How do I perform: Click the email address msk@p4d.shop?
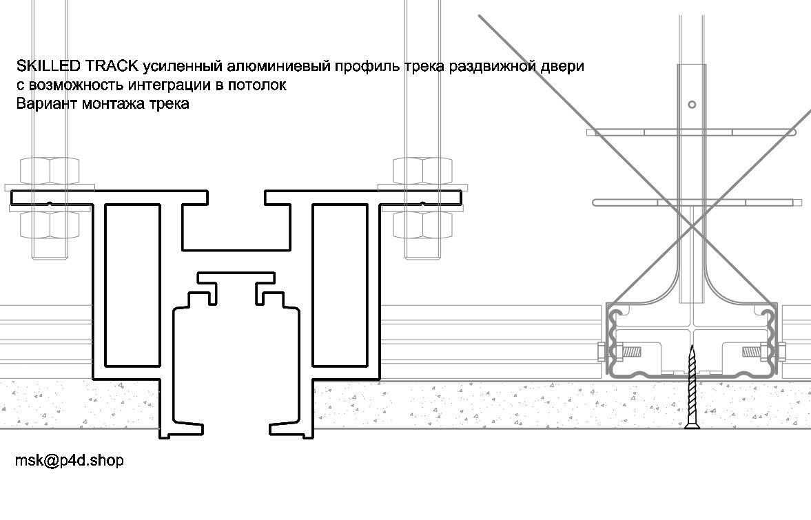point(70,461)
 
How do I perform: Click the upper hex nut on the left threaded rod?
point(49,170)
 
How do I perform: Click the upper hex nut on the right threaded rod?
point(422,170)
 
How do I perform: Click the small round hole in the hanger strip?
point(692,105)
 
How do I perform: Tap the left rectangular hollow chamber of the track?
point(134,278)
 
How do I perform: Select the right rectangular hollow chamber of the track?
point(338,278)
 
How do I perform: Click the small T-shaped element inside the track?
point(236,278)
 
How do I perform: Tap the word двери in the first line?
point(566,67)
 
